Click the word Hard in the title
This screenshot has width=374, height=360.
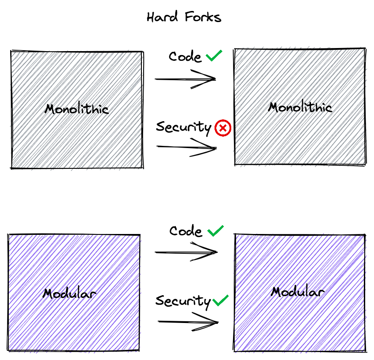click(163, 17)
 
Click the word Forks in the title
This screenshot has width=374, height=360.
click(203, 17)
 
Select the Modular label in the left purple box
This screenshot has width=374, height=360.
click(70, 293)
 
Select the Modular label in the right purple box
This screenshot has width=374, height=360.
click(297, 291)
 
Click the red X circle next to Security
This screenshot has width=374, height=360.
click(223, 128)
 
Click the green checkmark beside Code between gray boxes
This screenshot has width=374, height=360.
click(214, 56)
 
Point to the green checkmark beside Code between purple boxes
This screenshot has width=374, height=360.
click(215, 231)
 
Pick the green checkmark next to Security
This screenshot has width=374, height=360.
click(220, 301)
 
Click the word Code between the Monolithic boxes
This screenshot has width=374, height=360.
click(185, 57)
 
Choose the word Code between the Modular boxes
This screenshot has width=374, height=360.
click(186, 231)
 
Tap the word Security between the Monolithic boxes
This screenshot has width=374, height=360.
click(184, 127)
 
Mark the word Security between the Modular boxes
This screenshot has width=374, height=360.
click(183, 301)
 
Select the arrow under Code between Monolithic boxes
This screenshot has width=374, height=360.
click(185, 79)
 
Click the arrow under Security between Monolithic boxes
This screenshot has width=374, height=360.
click(186, 147)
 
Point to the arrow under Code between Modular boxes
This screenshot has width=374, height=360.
click(186, 252)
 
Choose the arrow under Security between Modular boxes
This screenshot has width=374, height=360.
click(188, 322)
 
